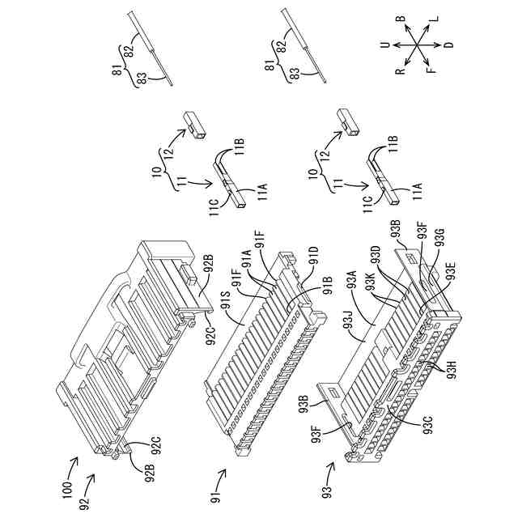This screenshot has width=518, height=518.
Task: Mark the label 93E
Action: (450, 267)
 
